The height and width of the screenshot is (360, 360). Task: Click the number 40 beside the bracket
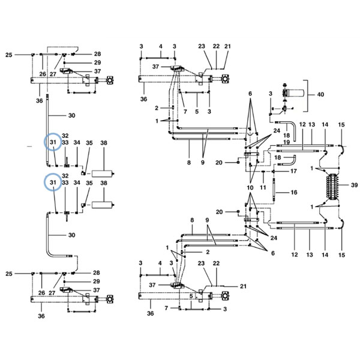320,94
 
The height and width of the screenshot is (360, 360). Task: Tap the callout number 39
354,185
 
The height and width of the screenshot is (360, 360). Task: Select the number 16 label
294,193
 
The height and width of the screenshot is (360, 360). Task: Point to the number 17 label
293,171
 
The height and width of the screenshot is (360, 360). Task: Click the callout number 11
263,188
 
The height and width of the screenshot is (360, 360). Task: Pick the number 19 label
286,142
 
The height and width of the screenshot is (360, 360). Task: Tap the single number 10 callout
250,188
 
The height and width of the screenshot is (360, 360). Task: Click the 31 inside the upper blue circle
53,142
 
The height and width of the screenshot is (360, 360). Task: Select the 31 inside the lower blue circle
53,182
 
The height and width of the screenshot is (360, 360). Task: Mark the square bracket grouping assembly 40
307,96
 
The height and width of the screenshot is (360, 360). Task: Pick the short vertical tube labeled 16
274,191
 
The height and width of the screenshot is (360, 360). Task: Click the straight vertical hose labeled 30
47,130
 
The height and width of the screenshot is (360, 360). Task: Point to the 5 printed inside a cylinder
191,296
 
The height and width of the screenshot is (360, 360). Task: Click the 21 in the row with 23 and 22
227,46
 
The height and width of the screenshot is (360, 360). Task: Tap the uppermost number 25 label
9,55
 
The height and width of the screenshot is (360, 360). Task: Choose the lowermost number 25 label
9,274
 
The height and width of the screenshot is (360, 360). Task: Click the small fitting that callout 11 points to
263,172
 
